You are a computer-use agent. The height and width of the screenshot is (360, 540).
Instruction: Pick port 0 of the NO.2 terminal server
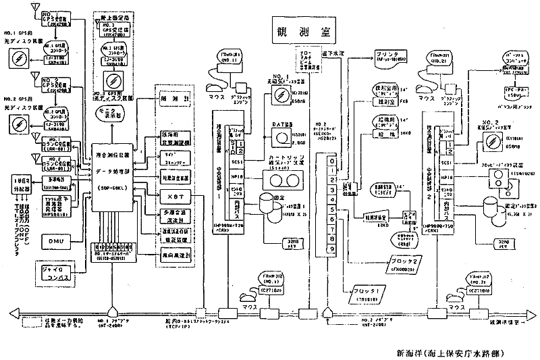pyautogui.click(x=331, y=162)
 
